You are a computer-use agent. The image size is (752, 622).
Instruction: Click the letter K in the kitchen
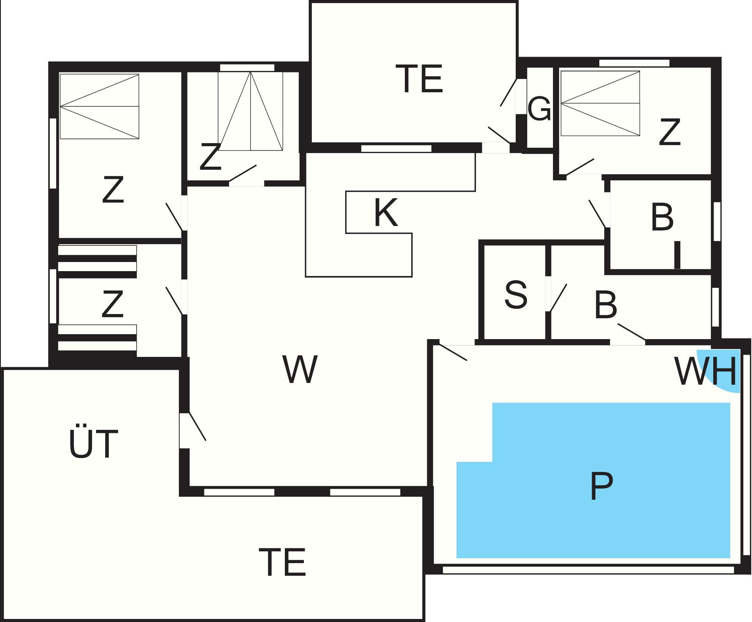pyautogui.click(x=386, y=213)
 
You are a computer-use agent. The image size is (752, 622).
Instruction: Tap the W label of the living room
pyautogui.click(x=300, y=369)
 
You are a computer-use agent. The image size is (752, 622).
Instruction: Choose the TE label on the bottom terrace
pyautogui.click(x=282, y=562)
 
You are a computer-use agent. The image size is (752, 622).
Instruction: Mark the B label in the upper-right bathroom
pyautogui.click(x=662, y=217)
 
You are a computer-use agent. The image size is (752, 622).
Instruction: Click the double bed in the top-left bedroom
pyautogui.click(x=100, y=106)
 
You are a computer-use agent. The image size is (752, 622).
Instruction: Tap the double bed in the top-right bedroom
pyautogui.click(x=600, y=103)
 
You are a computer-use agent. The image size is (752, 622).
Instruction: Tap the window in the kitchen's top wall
pyautogui.click(x=396, y=148)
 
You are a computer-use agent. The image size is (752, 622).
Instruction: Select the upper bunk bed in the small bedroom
pyautogui.click(x=97, y=258)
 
